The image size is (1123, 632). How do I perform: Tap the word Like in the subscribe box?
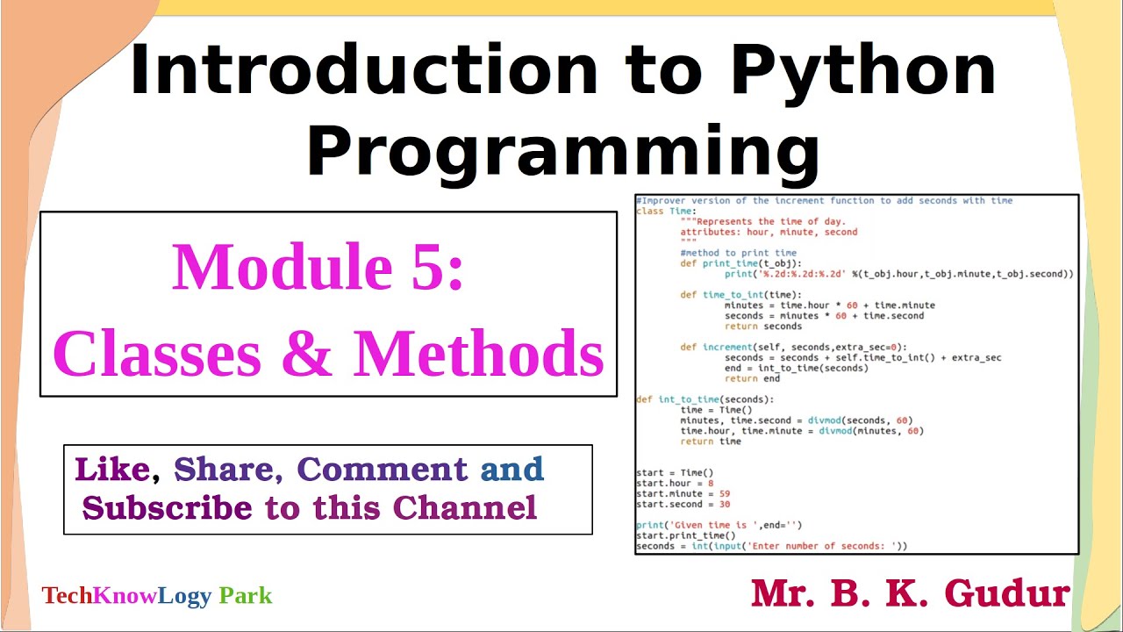pos(111,470)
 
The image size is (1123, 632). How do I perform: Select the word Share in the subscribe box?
pos(225,470)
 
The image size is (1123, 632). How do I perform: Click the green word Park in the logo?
pos(246,596)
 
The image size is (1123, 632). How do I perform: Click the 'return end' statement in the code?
pos(752,379)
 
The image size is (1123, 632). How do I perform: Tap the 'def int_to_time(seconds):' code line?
pos(705,399)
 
